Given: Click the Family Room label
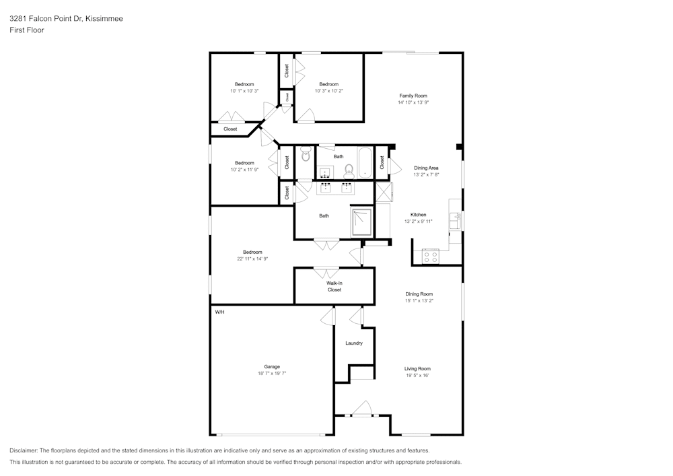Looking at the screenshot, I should point(413,96).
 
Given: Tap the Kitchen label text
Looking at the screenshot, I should point(418,215).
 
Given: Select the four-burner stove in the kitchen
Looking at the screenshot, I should point(429,256).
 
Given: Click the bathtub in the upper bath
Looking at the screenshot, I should point(365,163).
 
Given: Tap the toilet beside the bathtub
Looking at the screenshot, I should point(349,169).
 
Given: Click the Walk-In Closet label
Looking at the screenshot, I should point(334,286).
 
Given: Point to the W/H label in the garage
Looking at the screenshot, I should point(219,312).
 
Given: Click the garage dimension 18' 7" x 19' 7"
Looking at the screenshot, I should point(272,373).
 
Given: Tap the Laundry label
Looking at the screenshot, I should point(354,343).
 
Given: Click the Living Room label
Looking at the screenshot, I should point(417,368).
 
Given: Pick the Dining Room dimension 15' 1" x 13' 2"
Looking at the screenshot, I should point(419,300).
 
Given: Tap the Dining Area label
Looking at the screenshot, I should point(426,168).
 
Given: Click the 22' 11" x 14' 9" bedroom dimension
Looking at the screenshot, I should point(252,259).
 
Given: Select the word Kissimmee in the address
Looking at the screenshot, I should point(104,19).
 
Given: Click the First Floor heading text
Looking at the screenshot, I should point(27,30).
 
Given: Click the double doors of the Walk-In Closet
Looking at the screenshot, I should point(326,273).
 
